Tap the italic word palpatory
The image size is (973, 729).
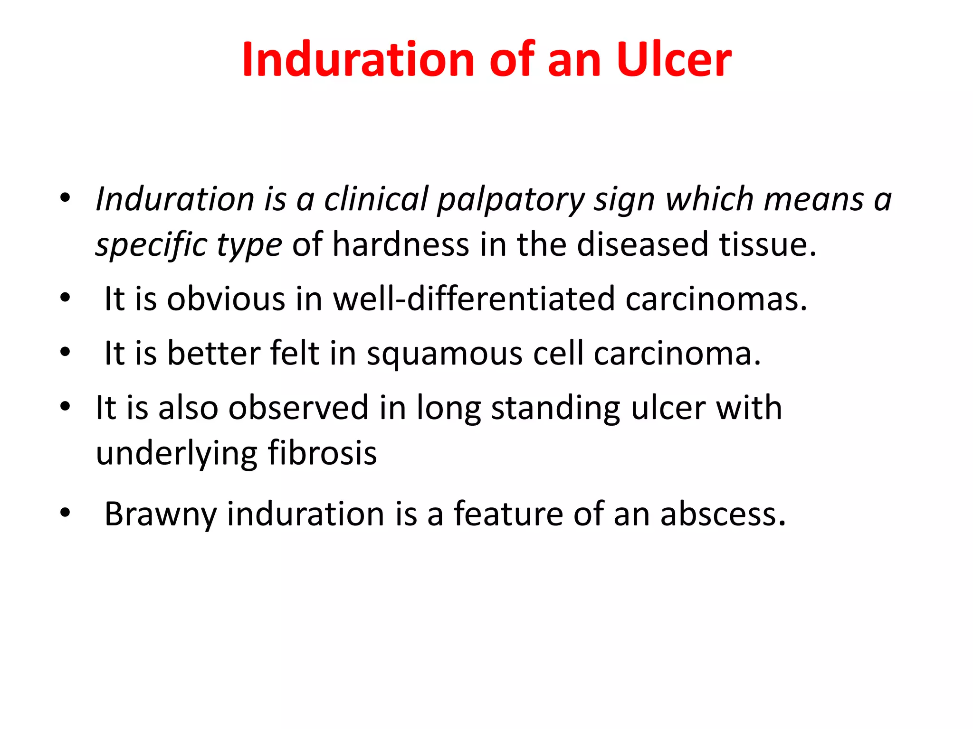[511, 199]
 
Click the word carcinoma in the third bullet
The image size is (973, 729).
[677, 354]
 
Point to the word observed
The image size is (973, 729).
[298, 408]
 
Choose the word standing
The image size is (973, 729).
[555, 409]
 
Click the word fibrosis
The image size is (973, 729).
[322, 453]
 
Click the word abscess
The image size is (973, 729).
[723, 514]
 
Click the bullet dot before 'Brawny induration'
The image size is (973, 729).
[65, 513]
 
